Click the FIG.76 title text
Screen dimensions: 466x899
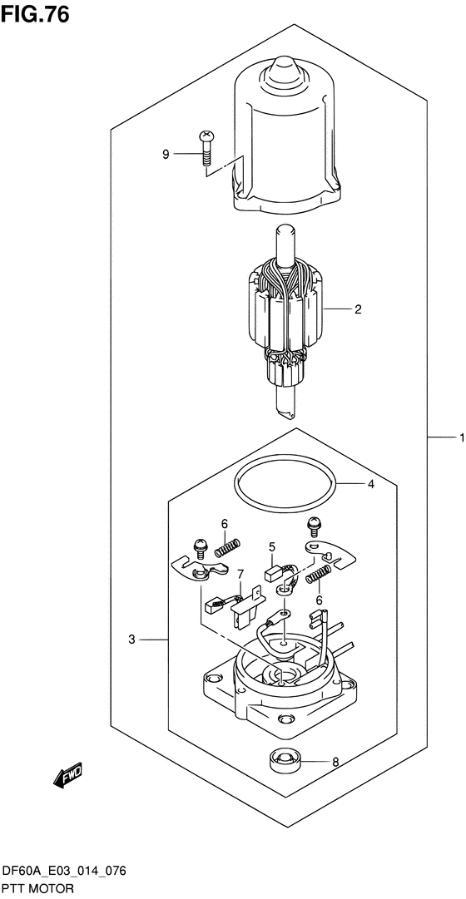point(35,14)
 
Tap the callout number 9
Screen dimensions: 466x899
point(166,154)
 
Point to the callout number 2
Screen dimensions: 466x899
point(358,309)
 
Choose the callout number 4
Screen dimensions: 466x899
point(371,485)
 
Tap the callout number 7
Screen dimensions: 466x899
point(240,573)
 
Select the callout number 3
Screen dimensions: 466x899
point(131,640)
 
